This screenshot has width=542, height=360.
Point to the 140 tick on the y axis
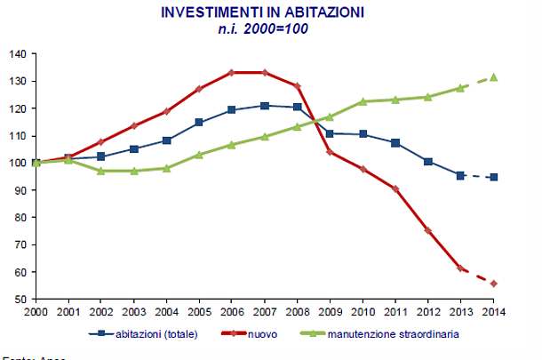[x=17, y=53]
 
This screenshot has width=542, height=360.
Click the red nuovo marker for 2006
[x=232, y=72]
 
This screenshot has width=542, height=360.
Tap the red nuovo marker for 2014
[x=494, y=284]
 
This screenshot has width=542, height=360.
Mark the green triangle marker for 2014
[x=494, y=77]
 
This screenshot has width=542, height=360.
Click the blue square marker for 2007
[x=265, y=106]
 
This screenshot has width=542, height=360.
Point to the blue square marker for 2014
[x=494, y=177]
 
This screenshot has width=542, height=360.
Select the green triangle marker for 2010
[x=363, y=101]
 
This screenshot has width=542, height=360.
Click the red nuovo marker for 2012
[x=428, y=230]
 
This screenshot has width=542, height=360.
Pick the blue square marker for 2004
[x=166, y=140]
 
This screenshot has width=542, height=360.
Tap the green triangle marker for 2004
[x=166, y=168]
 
